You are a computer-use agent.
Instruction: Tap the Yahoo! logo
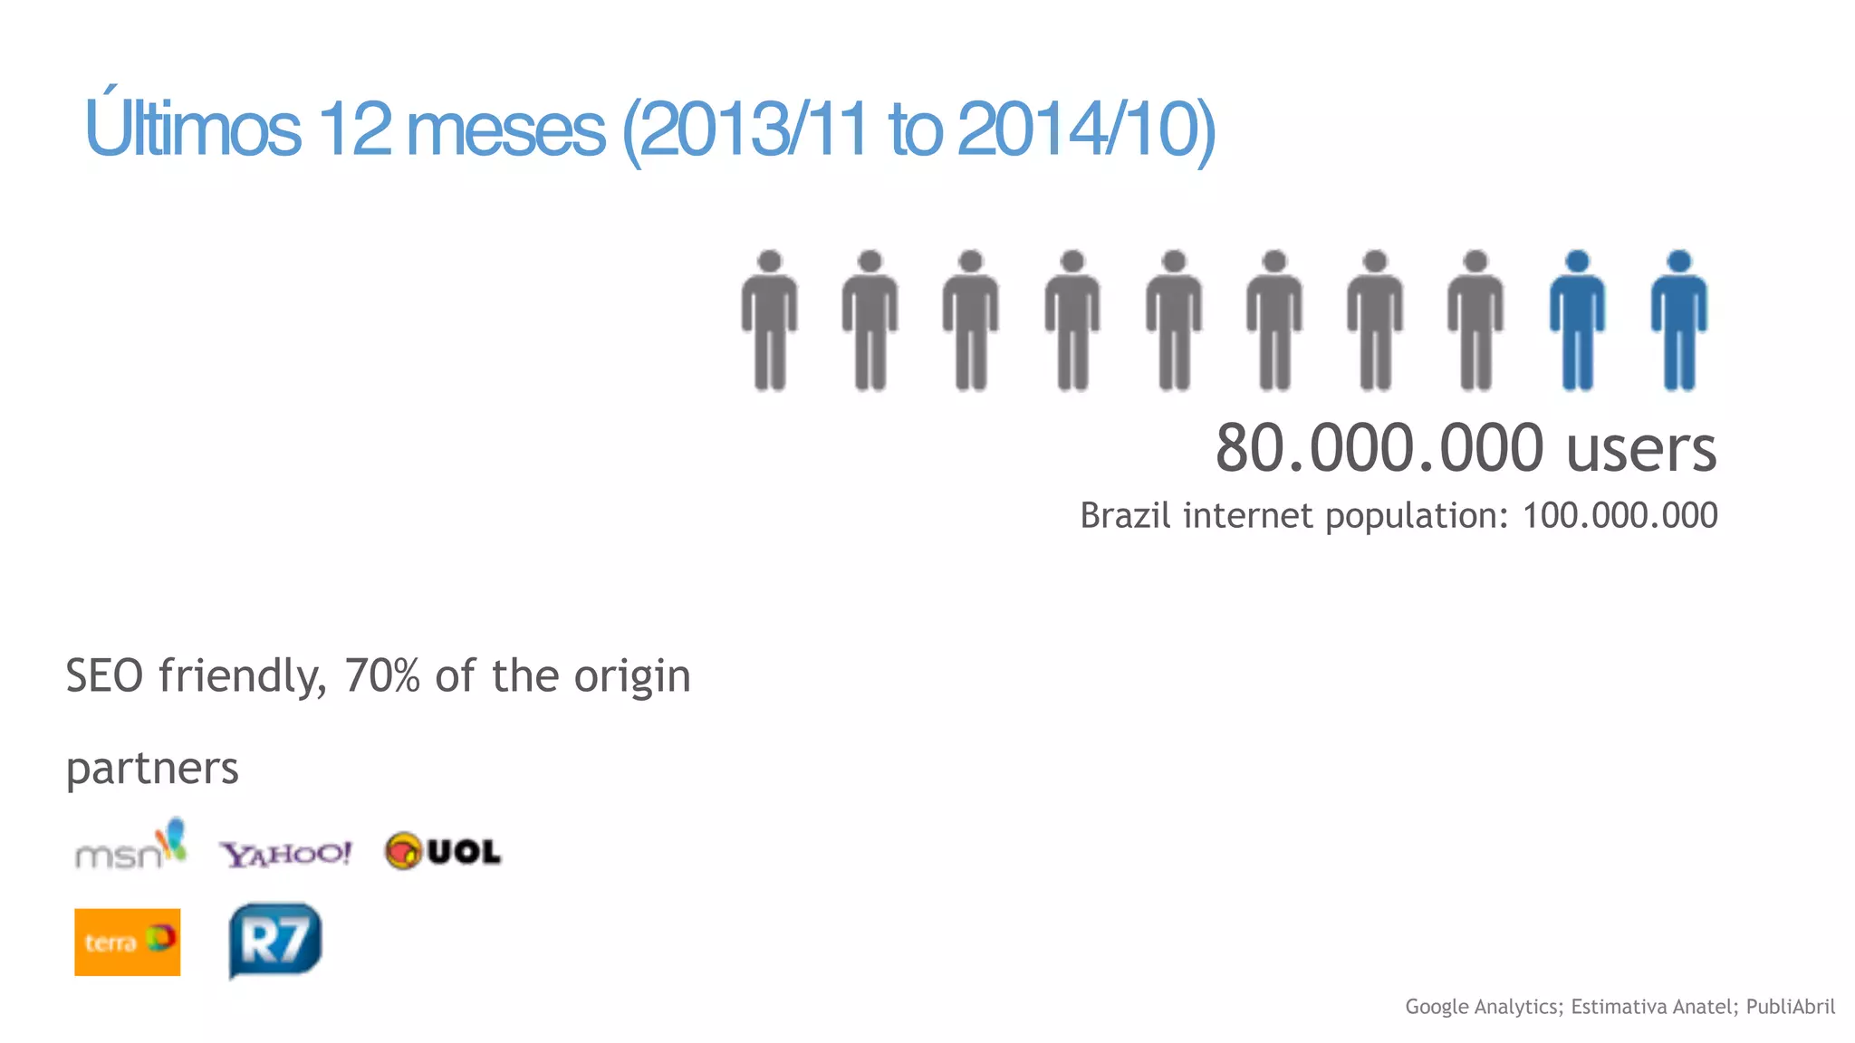pos(285,853)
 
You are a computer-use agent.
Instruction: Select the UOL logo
pos(443,851)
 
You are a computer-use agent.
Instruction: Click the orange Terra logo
pos(127,942)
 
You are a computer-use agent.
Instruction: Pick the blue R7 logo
pos(275,940)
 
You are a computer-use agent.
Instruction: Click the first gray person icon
pos(770,321)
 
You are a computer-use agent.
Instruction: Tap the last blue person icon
pos(1678,321)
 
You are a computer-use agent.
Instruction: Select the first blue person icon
pos(1577,321)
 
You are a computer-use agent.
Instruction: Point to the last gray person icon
pos(1475,321)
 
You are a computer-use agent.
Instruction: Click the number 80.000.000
pos(1379,448)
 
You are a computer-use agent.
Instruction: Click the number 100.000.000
pos(1620,515)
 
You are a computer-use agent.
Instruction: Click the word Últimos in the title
pos(192,127)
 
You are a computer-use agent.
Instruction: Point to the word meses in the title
pos(505,129)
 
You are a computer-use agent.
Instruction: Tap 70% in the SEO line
pos(381,675)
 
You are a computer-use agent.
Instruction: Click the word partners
pos(152,768)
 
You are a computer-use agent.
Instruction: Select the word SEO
pos(104,675)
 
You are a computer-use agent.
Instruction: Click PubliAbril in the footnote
pos(1790,1006)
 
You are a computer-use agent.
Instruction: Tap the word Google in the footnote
pos(1437,1006)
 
